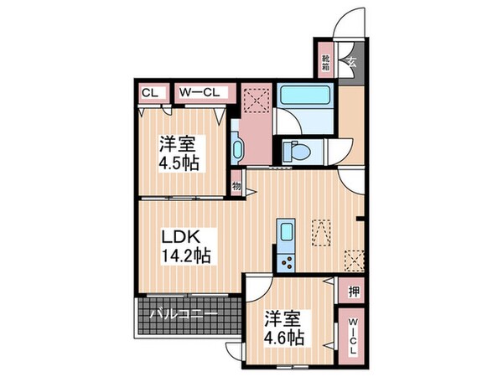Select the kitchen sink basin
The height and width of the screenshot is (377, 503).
pos(286,234)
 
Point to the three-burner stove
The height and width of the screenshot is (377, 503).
pos(286,261)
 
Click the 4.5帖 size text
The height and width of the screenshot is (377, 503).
pos(179,162)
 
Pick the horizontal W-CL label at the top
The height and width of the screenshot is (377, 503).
pos(199,93)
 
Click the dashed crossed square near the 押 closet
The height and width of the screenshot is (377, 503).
pos(354,259)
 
